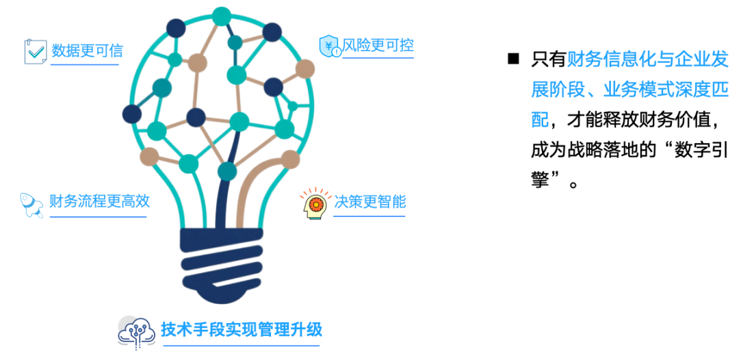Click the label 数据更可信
click(87, 51)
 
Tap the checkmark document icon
click(36, 52)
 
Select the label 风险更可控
click(378, 46)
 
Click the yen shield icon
click(330, 46)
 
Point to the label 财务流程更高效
click(99, 202)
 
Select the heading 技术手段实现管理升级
click(242, 329)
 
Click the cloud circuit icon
click(136, 332)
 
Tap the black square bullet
click(513, 60)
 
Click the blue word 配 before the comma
click(540, 120)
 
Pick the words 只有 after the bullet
click(549, 60)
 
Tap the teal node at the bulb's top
click(221, 16)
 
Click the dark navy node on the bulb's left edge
click(132, 114)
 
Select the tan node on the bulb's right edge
click(305, 69)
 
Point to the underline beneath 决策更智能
click(369, 216)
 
